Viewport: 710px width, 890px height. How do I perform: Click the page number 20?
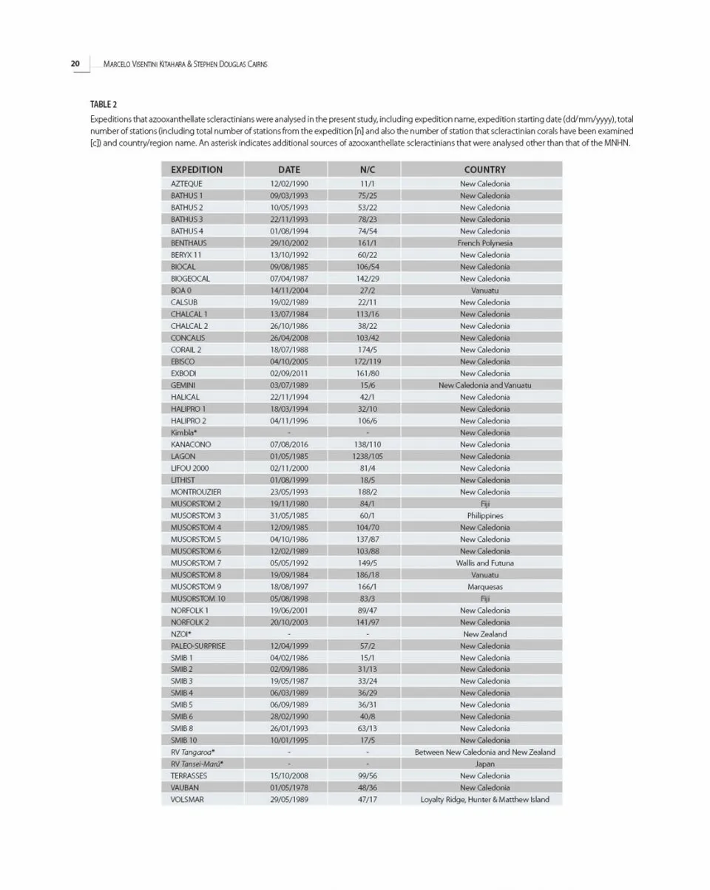click(75, 64)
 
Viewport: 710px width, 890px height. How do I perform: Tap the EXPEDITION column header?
click(196, 170)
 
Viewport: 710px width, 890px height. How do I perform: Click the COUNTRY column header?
click(484, 170)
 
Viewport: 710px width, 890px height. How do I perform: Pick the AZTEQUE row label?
click(186, 183)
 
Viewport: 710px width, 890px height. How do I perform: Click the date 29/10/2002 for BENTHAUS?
click(288, 242)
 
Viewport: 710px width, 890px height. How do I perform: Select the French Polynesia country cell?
click(484, 242)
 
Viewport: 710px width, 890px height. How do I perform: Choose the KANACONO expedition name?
click(191, 444)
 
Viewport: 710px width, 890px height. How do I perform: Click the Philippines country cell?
click(484, 515)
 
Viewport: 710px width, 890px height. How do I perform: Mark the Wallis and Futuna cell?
click(484, 563)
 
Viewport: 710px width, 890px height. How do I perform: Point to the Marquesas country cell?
click(484, 587)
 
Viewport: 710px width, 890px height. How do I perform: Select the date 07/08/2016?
click(288, 444)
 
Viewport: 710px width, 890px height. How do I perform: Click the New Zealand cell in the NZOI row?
click(484, 634)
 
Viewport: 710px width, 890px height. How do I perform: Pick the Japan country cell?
click(484, 764)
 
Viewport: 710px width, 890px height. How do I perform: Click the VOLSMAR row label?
click(187, 800)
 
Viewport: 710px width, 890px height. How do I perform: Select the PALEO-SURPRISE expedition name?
click(198, 646)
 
